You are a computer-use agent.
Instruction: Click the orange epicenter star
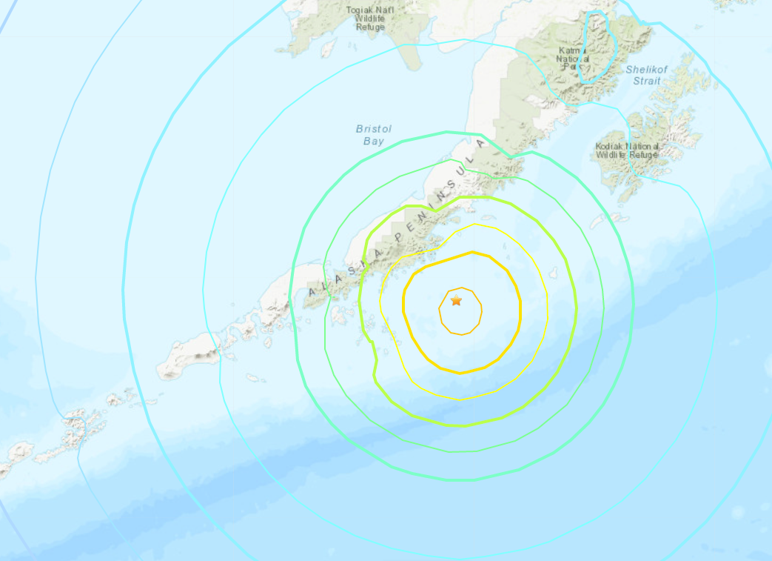[x=456, y=300]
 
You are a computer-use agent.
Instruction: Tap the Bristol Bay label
[x=374, y=134]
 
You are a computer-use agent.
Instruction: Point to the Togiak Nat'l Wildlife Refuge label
[x=370, y=18]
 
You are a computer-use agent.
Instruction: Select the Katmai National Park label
[x=574, y=58]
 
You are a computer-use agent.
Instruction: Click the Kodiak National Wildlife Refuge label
[x=627, y=151]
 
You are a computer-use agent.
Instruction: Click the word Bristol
[x=374, y=129]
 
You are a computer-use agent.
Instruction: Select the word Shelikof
[x=647, y=69]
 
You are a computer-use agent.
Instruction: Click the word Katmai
[x=573, y=49]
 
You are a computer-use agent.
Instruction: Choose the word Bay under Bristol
[x=373, y=140]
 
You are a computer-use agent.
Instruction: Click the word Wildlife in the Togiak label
[x=370, y=19]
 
